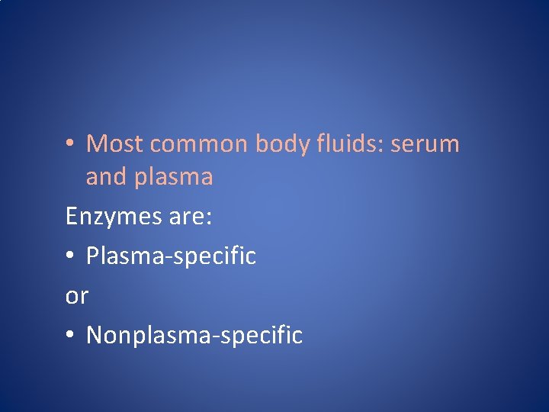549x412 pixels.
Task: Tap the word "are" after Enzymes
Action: (185, 217)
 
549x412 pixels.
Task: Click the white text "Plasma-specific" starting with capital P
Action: (171, 256)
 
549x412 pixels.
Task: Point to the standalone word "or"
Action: (77, 296)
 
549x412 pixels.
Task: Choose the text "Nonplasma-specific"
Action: (194, 335)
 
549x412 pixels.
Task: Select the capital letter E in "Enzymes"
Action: (72, 216)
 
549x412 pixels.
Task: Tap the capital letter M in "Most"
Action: (97, 143)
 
